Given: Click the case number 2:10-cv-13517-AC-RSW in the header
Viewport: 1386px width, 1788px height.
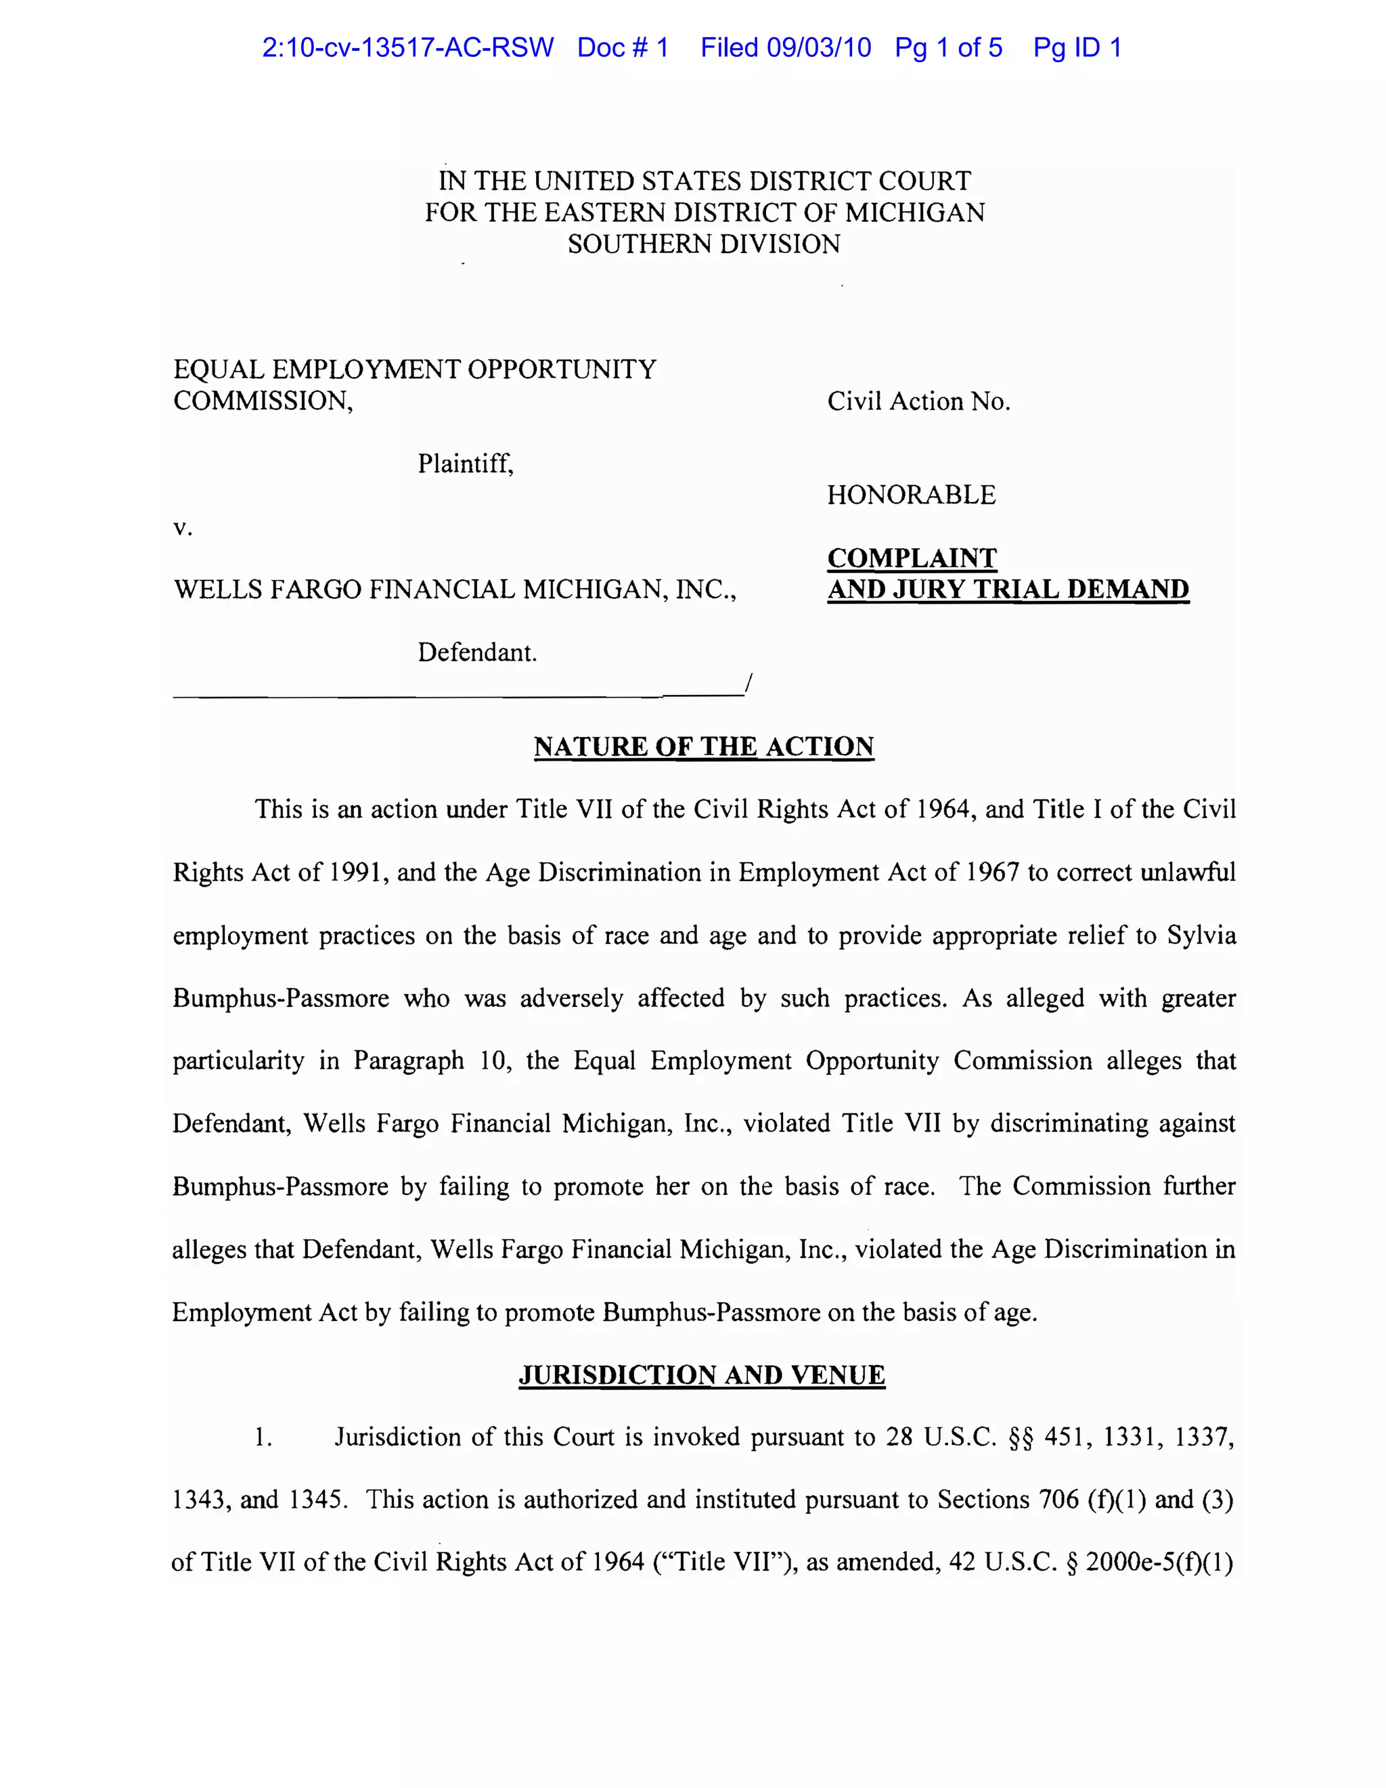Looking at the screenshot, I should point(407,47).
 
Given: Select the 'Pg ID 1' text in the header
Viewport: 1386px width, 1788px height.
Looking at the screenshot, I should point(1077,47).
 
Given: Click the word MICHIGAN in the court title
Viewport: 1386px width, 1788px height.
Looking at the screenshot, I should point(914,213).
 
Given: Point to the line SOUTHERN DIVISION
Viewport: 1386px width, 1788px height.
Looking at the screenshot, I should point(704,244).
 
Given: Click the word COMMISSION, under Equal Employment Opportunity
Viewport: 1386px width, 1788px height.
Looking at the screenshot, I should point(263,401).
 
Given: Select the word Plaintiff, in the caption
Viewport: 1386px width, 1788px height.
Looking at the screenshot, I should point(465,464).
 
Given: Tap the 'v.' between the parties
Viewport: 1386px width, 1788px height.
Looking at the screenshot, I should point(183,528).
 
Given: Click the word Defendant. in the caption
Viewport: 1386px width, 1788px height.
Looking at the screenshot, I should point(477,652).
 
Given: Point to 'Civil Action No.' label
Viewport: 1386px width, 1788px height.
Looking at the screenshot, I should point(918,401).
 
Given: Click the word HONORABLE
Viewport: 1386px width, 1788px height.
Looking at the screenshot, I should point(911,495).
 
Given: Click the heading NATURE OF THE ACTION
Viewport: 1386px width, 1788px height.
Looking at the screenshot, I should point(703,746).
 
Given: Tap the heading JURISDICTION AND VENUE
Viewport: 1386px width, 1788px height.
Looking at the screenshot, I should point(702,1374).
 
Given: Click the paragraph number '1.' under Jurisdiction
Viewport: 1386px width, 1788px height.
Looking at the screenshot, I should point(263,1437).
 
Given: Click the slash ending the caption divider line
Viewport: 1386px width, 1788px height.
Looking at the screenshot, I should point(747,684).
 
